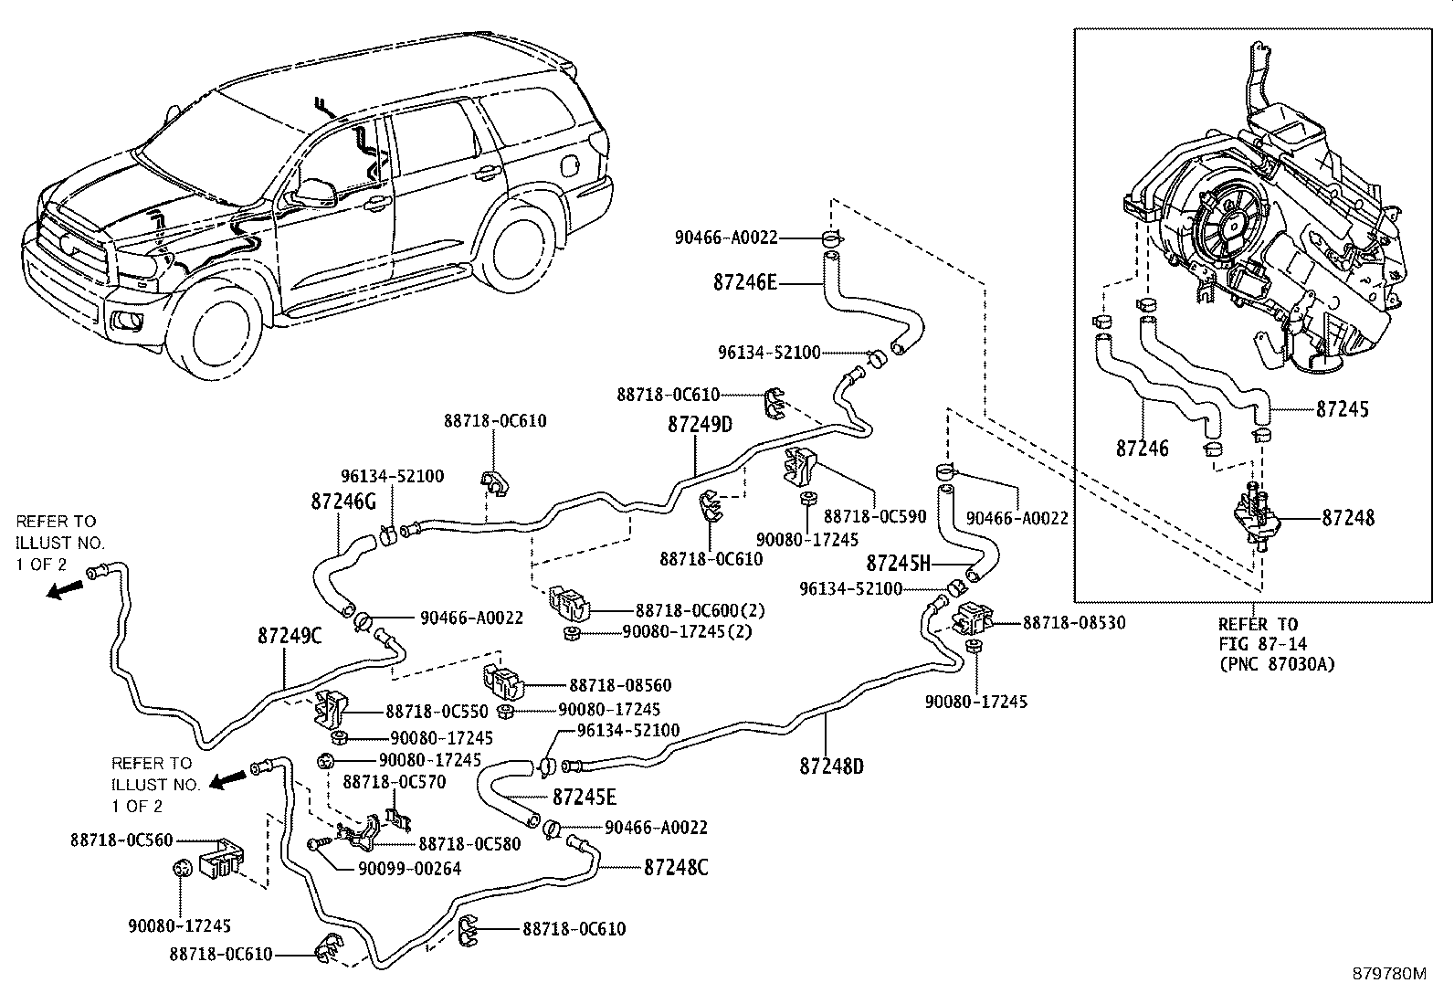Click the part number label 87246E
click(x=744, y=283)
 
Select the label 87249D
click(x=700, y=424)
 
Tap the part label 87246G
click(x=343, y=502)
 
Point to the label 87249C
click(x=290, y=636)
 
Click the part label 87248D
click(x=831, y=766)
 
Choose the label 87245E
click(x=585, y=797)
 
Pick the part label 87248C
click(x=676, y=868)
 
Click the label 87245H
click(x=899, y=563)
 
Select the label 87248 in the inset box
click(x=1348, y=518)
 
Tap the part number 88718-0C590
click(x=875, y=516)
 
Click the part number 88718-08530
click(x=1074, y=622)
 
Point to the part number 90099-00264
click(x=409, y=868)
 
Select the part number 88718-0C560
click(x=121, y=840)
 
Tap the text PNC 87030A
click(x=1277, y=665)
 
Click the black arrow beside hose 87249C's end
click(x=65, y=589)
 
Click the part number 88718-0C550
click(x=437, y=711)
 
